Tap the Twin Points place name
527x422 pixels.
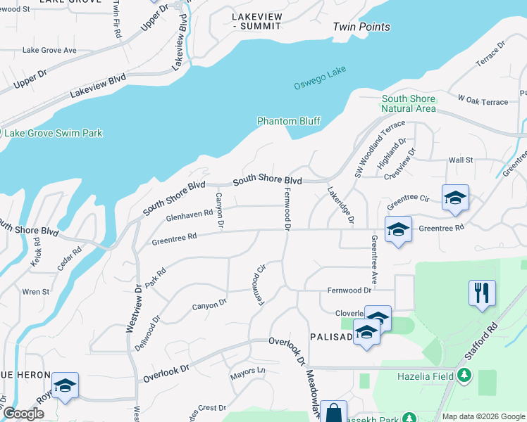361,27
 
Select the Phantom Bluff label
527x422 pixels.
288,121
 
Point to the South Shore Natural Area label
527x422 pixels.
409,103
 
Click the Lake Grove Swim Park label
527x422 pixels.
54,133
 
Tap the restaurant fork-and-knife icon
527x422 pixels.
482,293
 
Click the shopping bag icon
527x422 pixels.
333,412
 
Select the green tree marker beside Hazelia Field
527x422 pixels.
464,376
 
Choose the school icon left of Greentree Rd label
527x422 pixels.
398,229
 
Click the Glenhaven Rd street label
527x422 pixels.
189,214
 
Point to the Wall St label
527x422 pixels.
461,160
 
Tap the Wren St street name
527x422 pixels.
35,291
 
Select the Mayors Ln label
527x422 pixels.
248,370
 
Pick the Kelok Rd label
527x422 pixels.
37,248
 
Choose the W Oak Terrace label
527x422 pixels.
483,101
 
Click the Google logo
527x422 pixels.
23,414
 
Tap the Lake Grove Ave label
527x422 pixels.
49,51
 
